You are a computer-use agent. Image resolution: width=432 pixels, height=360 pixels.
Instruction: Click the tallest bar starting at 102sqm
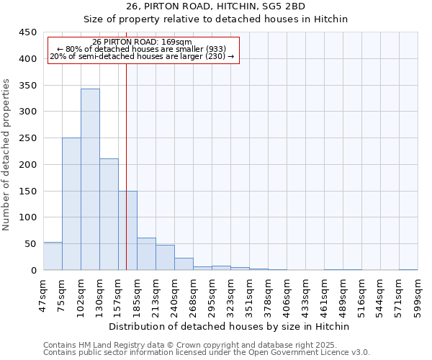pyautogui.click(x=90, y=180)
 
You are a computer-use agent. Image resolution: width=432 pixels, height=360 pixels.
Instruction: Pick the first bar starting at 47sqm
pyautogui.click(x=53, y=256)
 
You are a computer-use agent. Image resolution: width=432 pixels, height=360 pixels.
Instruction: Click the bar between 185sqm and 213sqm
pyautogui.click(x=146, y=254)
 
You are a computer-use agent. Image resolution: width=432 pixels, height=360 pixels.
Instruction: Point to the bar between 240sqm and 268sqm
pyautogui.click(x=184, y=264)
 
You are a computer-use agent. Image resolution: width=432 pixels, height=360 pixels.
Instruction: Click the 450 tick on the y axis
pyautogui.click(x=27, y=32)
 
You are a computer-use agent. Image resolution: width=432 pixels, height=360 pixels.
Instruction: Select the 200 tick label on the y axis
pyautogui.click(x=27, y=165)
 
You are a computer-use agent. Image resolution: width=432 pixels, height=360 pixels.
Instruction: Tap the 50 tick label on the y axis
pyautogui.click(x=30, y=244)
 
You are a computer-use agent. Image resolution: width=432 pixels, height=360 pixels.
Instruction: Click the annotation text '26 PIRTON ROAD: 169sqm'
pyautogui.click(x=143, y=42)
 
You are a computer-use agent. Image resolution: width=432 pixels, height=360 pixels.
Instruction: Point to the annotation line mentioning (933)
pyautogui.click(x=143, y=49)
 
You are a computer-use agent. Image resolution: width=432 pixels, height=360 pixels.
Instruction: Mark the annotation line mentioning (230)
pyautogui.click(x=143, y=56)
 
